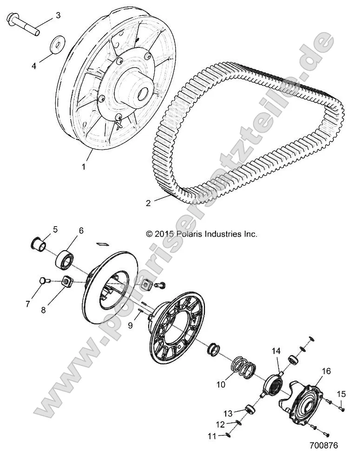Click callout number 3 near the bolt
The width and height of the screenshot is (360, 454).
click(58, 15)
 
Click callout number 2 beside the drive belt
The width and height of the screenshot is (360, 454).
click(148, 203)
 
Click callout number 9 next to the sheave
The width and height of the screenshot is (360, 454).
click(130, 325)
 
